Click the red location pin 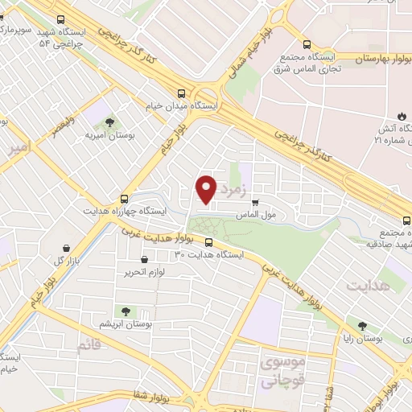click(x=207, y=190)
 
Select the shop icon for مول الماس click(x=256, y=204)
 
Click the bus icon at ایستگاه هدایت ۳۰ click(x=208, y=242)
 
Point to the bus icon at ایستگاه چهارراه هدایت click(x=124, y=198)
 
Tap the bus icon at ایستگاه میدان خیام click(x=182, y=93)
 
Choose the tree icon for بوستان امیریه click(x=109, y=122)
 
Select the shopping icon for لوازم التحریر click(x=144, y=260)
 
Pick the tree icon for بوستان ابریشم click(x=125, y=311)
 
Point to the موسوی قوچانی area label click(x=281, y=367)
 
